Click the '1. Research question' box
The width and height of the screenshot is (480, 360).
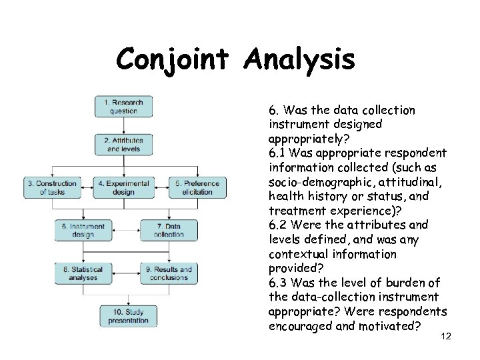point(123,107)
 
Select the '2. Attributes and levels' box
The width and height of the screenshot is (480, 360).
point(123,145)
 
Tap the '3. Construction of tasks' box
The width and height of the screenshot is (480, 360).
point(51,187)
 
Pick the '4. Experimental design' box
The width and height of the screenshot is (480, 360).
point(123,187)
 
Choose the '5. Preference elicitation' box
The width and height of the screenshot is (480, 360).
point(197,187)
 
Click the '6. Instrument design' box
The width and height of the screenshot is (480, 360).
point(83,230)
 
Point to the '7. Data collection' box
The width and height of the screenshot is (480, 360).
point(169,230)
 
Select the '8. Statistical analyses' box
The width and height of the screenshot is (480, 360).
point(83,273)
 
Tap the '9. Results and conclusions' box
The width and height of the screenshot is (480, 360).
point(169,273)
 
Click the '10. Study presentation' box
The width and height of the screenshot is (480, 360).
point(129,315)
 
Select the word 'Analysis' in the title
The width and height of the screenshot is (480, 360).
point(299,60)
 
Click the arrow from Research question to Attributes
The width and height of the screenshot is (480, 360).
point(123,125)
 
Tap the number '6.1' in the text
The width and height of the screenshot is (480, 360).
point(277,153)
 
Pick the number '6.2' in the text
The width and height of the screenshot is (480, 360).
point(277,225)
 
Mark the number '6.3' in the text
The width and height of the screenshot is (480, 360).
point(278,283)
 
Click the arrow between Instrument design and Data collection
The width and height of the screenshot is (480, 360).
point(125,230)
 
